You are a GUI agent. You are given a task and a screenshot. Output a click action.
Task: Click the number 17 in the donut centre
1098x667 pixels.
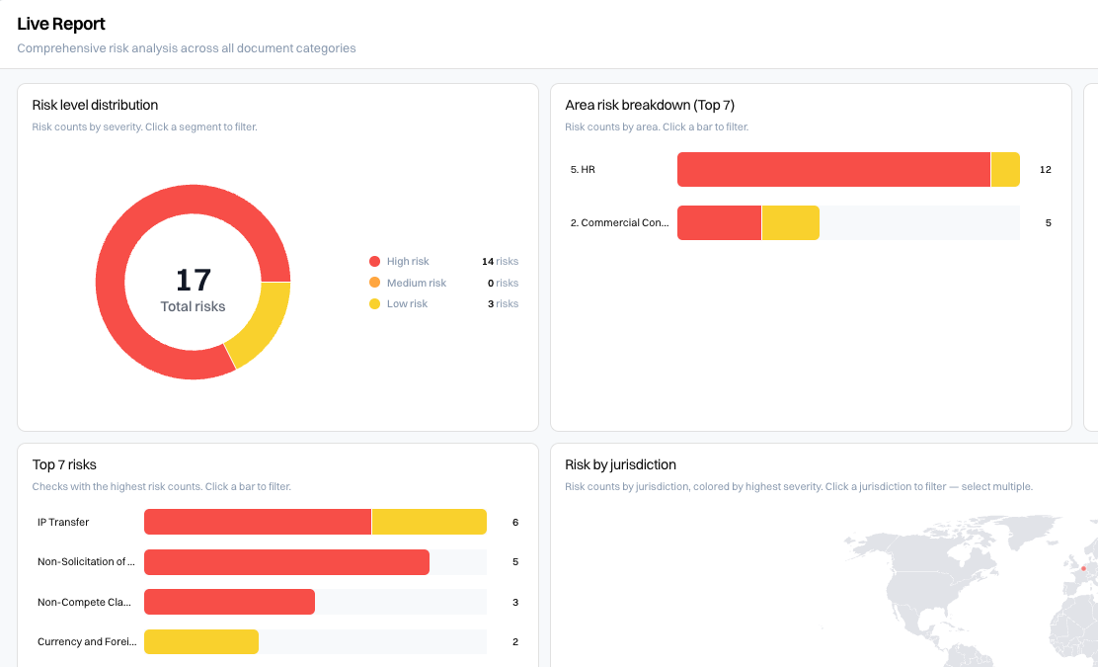pos(194,281)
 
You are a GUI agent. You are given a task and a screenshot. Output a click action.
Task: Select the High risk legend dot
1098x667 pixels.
pos(374,261)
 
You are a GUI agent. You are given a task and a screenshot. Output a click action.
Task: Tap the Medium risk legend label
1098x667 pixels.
pos(417,283)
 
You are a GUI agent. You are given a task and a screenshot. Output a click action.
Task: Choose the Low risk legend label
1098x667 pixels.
pos(407,304)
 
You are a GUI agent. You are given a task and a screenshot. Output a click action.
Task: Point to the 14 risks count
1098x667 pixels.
pos(500,261)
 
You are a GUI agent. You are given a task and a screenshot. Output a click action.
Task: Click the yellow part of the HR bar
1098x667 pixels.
pos(1005,170)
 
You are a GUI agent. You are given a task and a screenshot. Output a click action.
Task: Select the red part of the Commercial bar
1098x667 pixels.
pos(719,222)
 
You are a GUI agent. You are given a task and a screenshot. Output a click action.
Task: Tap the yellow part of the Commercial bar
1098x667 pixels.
pos(791,222)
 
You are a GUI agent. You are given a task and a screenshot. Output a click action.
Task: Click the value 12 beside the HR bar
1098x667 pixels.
pos(1046,170)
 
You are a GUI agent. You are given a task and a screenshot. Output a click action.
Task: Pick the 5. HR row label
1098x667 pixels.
pos(583,170)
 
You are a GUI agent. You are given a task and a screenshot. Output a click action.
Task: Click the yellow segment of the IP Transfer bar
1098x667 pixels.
pos(430,522)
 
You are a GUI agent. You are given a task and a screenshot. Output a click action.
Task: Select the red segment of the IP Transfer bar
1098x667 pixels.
pos(258,522)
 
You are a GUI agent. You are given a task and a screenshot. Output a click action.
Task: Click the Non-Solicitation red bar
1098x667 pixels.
pos(286,562)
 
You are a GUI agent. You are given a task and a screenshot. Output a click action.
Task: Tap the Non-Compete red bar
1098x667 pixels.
pos(230,602)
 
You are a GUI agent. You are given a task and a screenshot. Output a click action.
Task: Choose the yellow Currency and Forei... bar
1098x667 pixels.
pos(201,641)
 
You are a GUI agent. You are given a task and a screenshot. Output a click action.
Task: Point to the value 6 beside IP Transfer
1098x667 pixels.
pos(515,522)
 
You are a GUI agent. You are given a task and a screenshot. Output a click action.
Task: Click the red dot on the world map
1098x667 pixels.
pos(1083,568)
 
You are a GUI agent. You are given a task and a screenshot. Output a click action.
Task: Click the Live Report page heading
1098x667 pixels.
pos(61,24)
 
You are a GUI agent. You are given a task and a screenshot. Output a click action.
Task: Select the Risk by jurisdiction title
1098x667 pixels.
pos(620,464)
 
